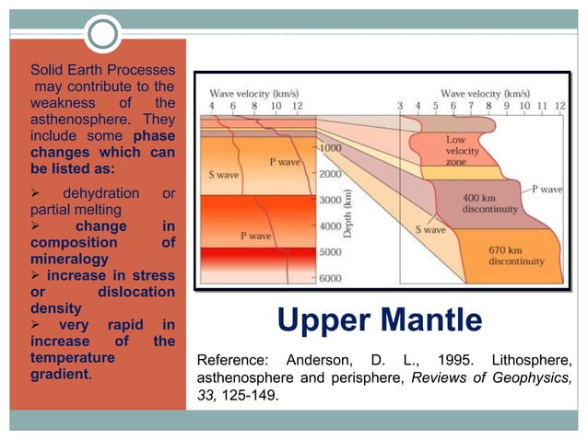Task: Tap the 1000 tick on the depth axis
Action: [331, 147]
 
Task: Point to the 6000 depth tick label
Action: [331, 278]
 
